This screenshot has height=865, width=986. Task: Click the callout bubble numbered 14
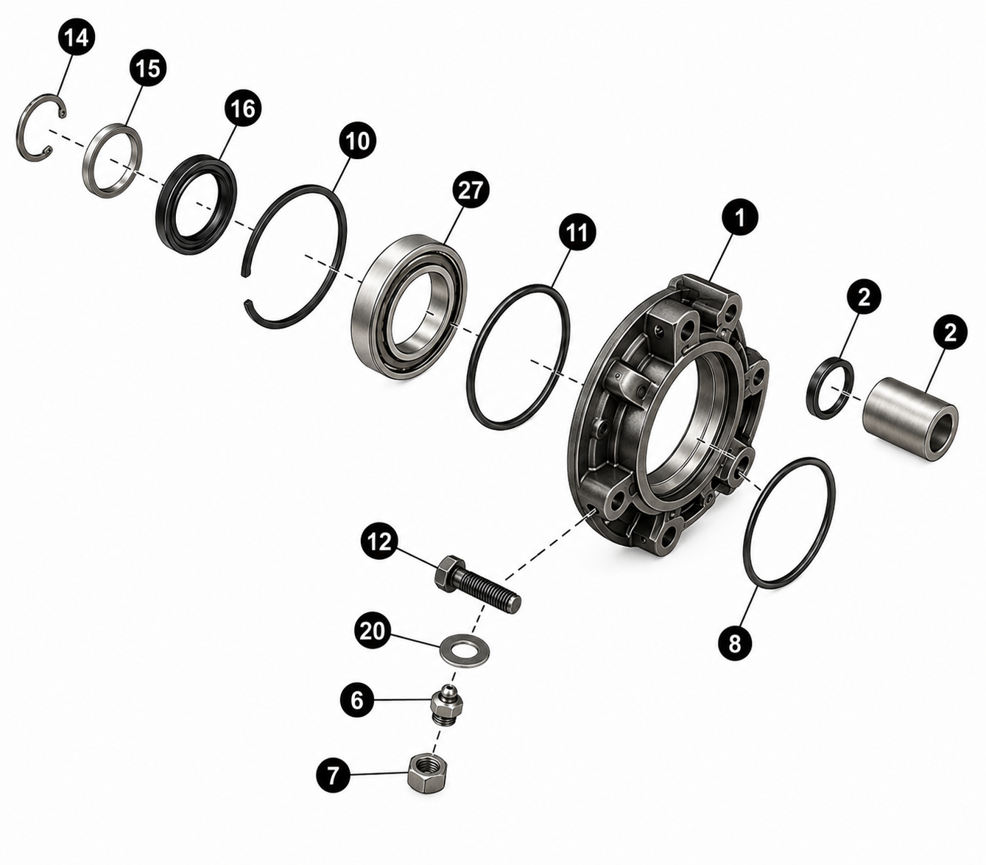click(x=77, y=38)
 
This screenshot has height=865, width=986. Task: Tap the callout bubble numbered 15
click(x=148, y=69)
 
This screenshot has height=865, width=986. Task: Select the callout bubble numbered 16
click(x=242, y=108)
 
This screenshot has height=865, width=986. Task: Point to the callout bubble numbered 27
click(x=471, y=189)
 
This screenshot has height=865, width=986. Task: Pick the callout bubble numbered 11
click(x=577, y=233)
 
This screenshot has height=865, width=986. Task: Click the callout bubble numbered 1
click(x=740, y=219)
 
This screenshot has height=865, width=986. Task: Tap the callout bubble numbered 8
click(x=735, y=643)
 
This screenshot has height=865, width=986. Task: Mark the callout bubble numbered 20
click(x=373, y=631)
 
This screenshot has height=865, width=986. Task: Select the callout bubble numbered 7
click(x=333, y=774)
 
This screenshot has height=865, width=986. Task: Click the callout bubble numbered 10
click(x=358, y=141)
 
